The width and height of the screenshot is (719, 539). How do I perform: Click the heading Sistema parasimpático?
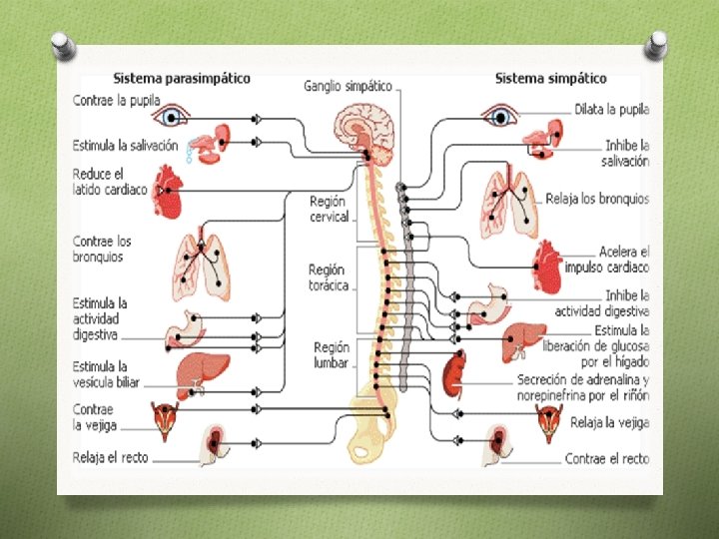tap(181, 78)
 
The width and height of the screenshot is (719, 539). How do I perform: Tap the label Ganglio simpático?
tap(348, 87)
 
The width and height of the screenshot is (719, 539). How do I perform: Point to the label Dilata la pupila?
tap(611, 109)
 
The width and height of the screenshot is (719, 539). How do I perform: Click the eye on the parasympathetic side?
tap(172, 117)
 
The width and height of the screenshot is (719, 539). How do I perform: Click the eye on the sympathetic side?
tap(499, 117)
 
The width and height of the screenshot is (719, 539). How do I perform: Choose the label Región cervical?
tap(330, 209)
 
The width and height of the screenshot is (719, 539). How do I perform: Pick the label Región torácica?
tap(329, 277)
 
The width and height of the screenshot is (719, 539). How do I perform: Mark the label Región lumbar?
tap(331, 354)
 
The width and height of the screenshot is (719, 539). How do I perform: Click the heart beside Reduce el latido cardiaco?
tap(167, 191)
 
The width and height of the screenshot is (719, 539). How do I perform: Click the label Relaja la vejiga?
tap(608, 422)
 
